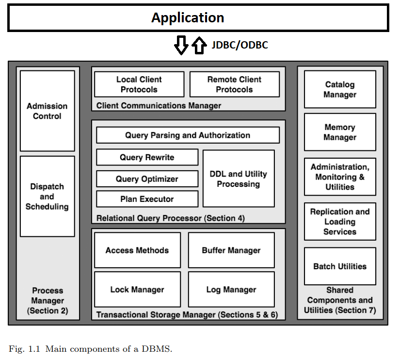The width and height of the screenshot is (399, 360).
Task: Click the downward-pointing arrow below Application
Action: pyautogui.click(x=181, y=45)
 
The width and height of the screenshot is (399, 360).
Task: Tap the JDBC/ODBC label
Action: pyautogui.click(x=239, y=45)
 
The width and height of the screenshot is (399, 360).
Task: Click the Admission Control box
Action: pyautogui.click(x=47, y=111)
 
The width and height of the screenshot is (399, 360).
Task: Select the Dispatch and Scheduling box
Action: pyautogui.click(x=47, y=196)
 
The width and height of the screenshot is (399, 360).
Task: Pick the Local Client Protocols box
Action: pyautogui.click(x=139, y=84)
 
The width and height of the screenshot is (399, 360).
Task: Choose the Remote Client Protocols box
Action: pyautogui.click(x=234, y=84)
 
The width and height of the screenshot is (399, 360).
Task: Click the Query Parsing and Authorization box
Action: pyautogui.click(x=188, y=135)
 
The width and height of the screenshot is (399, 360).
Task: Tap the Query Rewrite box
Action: pyautogui.click(x=147, y=157)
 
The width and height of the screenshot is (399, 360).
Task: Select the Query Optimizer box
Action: pyautogui.click(x=147, y=179)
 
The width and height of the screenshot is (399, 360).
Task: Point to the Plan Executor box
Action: pyautogui.click(x=147, y=199)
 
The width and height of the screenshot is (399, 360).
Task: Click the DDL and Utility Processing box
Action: pyautogui.click(x=238, y=179)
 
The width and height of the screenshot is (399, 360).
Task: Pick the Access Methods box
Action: pyautogui.click(x=137, y=250)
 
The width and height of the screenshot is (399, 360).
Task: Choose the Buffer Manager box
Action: pyautogui.click(x=231, y=250)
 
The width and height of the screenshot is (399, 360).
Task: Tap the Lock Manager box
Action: pyautogui.click(x=137, y=290)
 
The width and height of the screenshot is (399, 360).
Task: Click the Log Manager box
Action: pyautogui.click(x=231, y=290)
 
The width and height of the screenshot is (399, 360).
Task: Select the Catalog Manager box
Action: pyautogui.click(x=340, y=89)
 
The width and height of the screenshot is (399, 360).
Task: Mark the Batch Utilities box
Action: pyautogui.click(x=340, y=266)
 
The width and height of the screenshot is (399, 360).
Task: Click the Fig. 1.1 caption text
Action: pyautogui.click(x=90, y=349)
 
